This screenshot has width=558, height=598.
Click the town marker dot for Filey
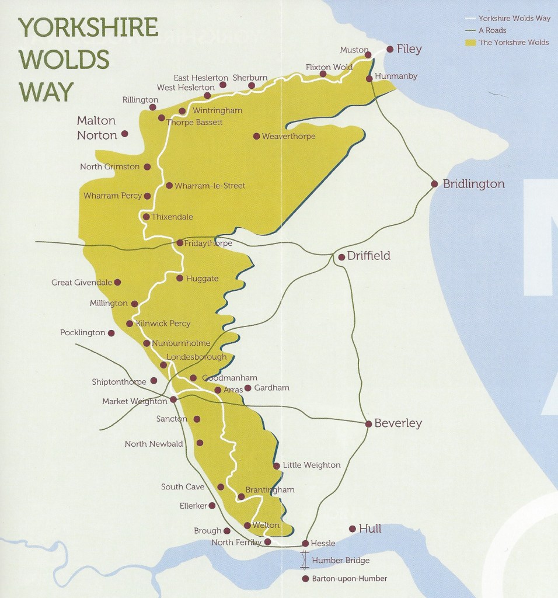click(390, 50)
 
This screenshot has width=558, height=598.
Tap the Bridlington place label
click(473, 184)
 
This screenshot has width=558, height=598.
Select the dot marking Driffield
click(341, 257)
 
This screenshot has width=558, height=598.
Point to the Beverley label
click(398, 423)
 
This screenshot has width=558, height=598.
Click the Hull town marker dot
click(352, 529)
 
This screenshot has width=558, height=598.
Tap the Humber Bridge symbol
click(304, 561)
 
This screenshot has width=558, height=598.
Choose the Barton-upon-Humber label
click(350, 579)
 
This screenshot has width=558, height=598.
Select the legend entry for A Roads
click(492, 30)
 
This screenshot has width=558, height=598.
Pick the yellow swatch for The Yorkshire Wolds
click(470, 43)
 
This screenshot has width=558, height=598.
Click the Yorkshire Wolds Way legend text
click(514, 18)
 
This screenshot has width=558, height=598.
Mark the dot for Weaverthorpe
click(256, 136)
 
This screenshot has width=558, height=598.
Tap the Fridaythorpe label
click(208, 243)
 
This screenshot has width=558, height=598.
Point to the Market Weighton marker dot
click(173, 400)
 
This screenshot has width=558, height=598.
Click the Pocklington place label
click(82, 333)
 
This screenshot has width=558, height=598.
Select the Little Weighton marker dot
click(276, 466)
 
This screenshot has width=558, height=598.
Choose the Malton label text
click(96, 121)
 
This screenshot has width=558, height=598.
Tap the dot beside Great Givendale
click(117, 282)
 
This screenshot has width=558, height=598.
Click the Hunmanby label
click(396, 77)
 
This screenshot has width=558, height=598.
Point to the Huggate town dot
click(180, 278)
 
